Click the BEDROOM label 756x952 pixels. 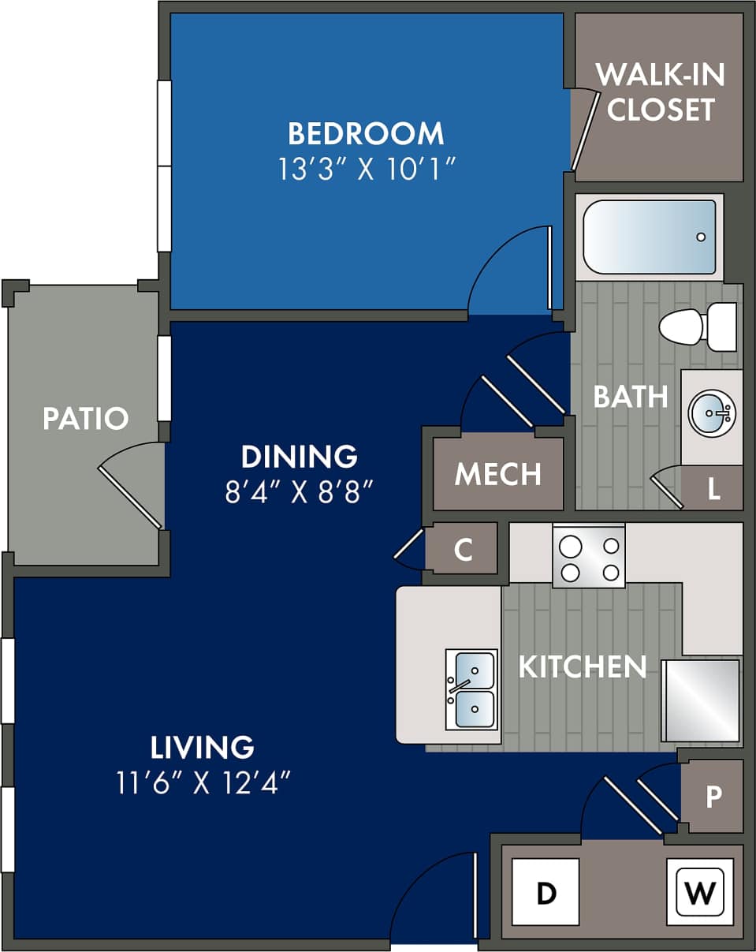pos(366,133)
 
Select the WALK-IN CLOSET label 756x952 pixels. pos(660,91)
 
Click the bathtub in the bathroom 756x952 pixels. pos(649,237)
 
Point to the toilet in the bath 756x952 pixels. pos(694,327)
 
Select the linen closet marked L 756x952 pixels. pos(713,489)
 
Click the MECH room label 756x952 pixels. pos(498,474)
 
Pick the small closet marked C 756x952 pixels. pos(464,549)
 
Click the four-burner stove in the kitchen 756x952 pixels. pos(588,557)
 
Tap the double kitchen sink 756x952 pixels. pos(471,689)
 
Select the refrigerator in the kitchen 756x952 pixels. pos(701,700)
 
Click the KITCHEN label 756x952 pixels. pos(582,666)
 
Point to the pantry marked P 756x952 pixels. pos(713,797)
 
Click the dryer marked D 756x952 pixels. pos(546,892)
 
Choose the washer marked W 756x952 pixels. pos(700,892)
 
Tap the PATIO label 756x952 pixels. pos(85,418)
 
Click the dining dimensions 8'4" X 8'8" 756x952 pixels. pos(299,492)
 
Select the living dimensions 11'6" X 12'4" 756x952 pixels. pos(203,782)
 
